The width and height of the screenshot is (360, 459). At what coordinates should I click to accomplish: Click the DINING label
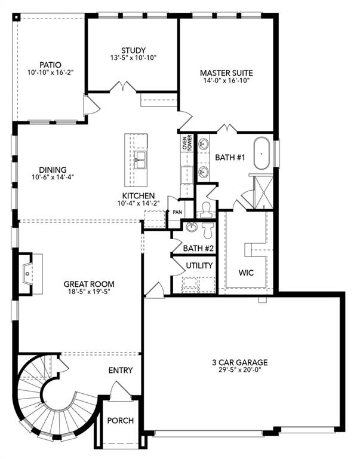pyautogui.click(x=49, y=169)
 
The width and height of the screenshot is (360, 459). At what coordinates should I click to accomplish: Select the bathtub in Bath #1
pyautogui.click(x=262, y=154)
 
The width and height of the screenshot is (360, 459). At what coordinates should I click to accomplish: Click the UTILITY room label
pyautogui.click(x=199, y=265)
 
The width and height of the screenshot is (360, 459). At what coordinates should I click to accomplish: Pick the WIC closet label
pyautogui.click(x=246, y=273)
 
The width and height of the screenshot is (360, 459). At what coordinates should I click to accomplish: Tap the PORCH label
pyautogui.click(x=120, y=420)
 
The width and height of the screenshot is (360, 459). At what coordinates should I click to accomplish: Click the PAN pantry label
pyautogui.click(x=177, y=212)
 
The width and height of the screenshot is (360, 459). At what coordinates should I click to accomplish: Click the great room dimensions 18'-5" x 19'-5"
pyautogui.click(x=89, y=293)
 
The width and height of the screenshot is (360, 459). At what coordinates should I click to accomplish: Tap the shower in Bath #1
pyautogui.click(x=261, y=190)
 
